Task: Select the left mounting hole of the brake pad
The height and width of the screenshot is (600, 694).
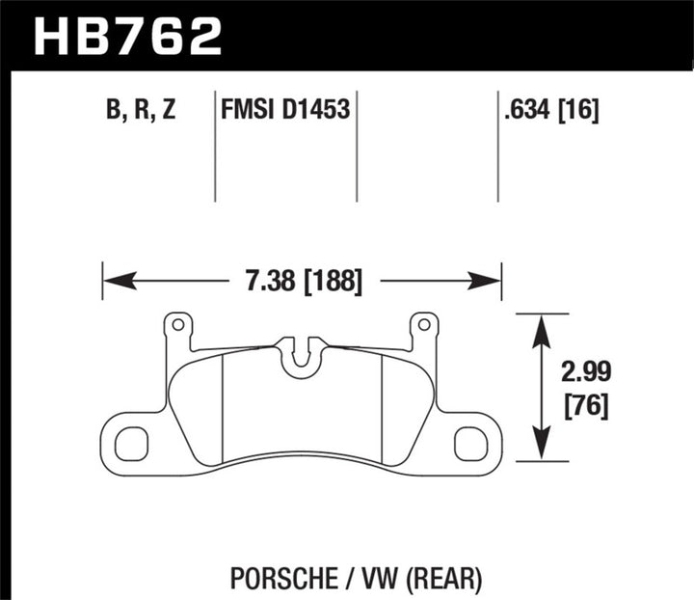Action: (x=131, y=443)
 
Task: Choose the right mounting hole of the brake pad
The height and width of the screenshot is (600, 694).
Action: (x=470, y=443)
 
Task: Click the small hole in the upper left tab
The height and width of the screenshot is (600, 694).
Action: (x=175, y=324)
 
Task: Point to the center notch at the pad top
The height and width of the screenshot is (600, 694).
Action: (x=301, y=353)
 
